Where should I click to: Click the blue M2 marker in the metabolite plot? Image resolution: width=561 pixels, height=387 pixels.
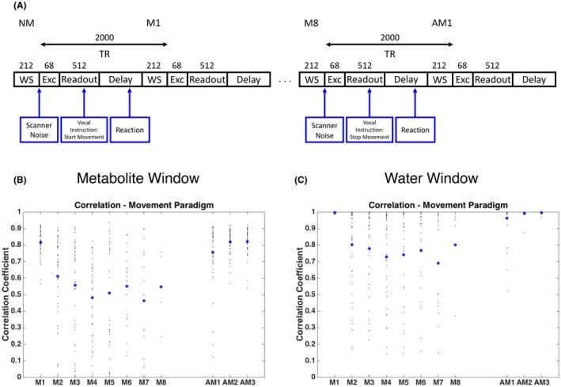[58, 276]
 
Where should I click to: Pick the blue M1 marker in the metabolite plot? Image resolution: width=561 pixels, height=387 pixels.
[41, 242]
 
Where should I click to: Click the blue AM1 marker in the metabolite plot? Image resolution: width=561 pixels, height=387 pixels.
[212, 252]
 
